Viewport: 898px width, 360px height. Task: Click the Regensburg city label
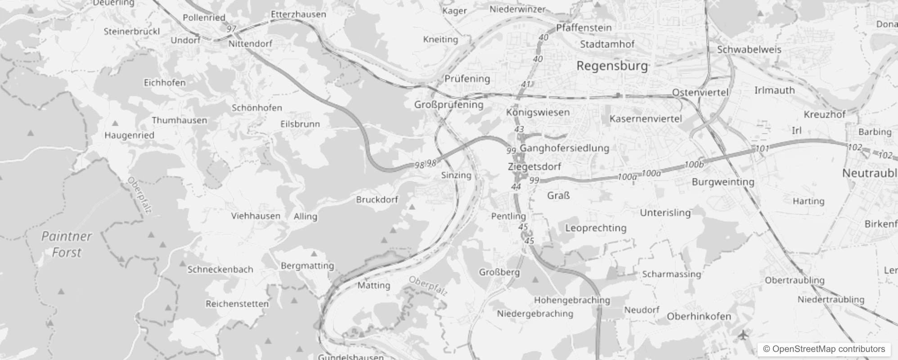pyautogui.click(x=612, y=66)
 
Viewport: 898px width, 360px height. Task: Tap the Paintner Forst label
pyautogui.click(x=67, y=244)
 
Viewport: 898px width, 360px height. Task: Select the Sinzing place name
pyautogui.click(x=456, y=175)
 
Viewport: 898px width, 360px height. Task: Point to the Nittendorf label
pyautogui.click(x=250, y=44)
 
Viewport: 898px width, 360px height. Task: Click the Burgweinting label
pyautogui.click(x=723, y=182)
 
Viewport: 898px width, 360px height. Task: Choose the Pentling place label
pyautogui.click(x=508, y=216)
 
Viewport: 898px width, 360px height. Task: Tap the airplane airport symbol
pyautogui.click(x=743, y=335)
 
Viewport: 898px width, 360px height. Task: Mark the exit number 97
pyautogui.click(x=231, y=29)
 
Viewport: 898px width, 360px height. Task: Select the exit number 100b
pyautogui.click(x=694, y=165)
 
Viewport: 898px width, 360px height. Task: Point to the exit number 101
pyautogui.click(x=762, y=148)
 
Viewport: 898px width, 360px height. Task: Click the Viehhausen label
pyautogui.click(x=256, y=216)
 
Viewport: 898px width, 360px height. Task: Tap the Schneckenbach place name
pyautogui.click(x=220, y=269)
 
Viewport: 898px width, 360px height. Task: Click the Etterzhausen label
pyautogui.click(x=298, y=14)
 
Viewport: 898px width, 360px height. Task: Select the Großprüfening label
pyautogui.click(x=449, y=104)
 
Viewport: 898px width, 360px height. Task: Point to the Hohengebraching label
pyautogui.click(x=572, y=300)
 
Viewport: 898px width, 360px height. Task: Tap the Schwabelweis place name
pyautogui.click(x=749, y=49)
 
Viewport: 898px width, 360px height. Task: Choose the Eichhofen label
pyautogui.click(x=165, y=82)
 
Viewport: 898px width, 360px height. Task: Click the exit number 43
pyautogui.click(x=519, y=129)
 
